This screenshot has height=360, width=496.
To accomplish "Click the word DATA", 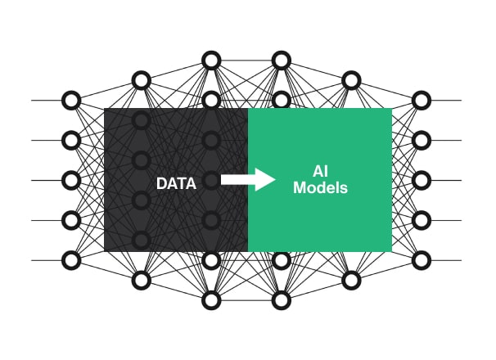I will point(176,184).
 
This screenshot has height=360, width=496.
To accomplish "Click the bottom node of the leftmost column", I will point(71,260).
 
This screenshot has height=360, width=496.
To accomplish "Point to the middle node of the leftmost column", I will point(71,180).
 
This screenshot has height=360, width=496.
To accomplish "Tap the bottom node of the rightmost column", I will point(422,260).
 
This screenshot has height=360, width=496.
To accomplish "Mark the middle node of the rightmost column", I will point(422,180).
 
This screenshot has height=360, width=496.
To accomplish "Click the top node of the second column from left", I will point(141,80).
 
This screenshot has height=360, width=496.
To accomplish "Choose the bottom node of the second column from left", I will point(141,281).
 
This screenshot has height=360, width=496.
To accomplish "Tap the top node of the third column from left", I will point(211,60).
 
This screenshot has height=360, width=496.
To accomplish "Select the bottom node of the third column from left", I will point(211,300).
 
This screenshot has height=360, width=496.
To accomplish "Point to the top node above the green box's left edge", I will point(282,60).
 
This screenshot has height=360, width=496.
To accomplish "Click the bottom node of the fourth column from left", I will point(282,300).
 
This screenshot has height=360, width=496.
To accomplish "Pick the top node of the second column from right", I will point(351,80).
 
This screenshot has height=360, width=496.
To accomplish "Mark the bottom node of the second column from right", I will point(351,281).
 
